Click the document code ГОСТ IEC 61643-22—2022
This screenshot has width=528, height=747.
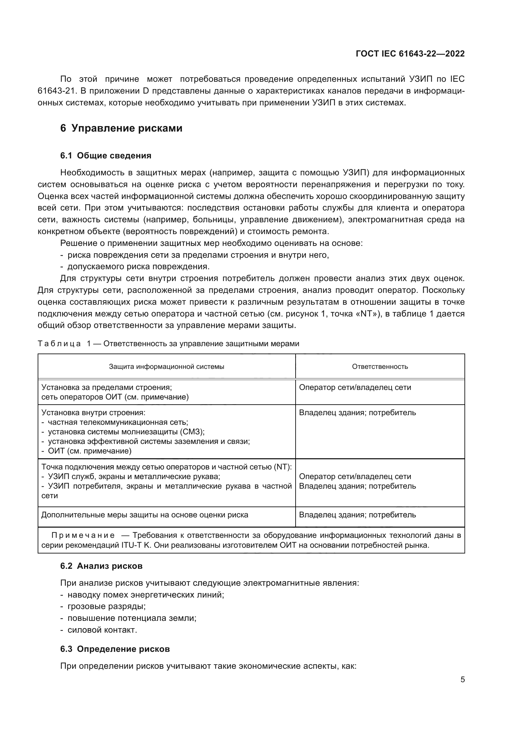tap(410, 54)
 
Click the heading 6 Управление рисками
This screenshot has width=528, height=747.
tap(121, 128)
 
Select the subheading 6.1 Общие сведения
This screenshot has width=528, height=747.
tap(106, 156)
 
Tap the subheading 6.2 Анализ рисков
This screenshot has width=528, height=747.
tap(102, 566)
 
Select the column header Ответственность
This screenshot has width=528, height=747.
tap(380, 367)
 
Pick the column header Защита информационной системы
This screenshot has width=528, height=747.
tap(166, 367)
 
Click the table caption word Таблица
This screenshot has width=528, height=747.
tap(59, 344)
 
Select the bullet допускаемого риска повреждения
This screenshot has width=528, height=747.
tap(138, 267)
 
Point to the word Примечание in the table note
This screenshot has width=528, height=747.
tap(83, 536)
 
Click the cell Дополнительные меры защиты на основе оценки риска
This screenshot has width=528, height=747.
tap(145, 515)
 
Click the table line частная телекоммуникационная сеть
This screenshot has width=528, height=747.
tap(118, 422)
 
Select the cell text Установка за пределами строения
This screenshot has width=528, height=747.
tap(106, 387)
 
